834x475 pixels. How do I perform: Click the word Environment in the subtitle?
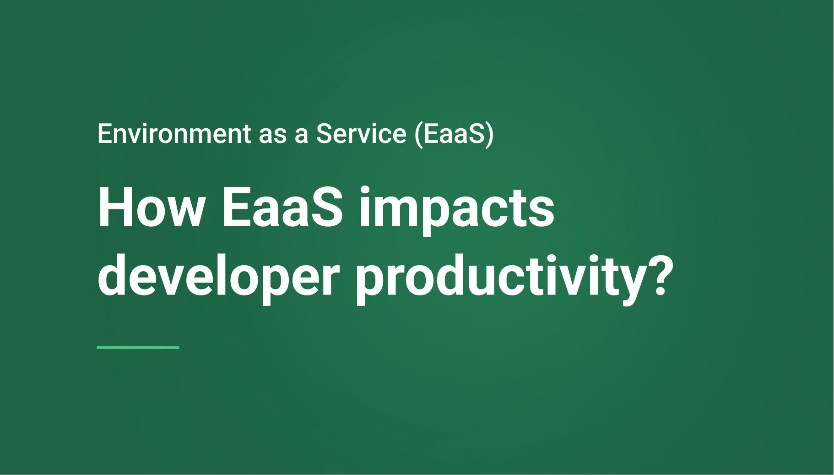click(174, 134)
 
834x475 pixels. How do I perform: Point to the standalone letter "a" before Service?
click(300, 136)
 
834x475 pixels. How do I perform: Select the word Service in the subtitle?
click(361, 134)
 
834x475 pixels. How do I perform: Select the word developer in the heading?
click(218, 277)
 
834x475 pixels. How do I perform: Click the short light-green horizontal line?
click(138, 348)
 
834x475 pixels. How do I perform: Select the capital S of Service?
click(324, 134)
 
